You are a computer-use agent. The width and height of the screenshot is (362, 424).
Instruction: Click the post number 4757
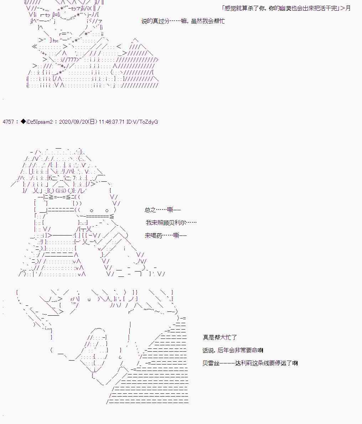point(8,122)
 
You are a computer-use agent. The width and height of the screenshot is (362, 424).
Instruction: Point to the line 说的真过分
point(183,21)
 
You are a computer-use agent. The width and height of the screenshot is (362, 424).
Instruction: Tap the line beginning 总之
point(163,210)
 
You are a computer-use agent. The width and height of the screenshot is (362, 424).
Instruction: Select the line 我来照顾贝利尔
point(171,223)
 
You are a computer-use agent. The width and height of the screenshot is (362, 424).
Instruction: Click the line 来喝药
point(166,236)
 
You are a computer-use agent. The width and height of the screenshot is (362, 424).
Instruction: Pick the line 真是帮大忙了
point(220,337)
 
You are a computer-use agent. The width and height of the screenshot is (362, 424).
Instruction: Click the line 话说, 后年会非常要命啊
point(233,350)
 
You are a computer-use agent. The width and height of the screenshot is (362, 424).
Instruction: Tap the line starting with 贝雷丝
point(250,363)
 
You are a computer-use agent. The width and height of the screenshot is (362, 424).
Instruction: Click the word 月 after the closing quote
point(348,8)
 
